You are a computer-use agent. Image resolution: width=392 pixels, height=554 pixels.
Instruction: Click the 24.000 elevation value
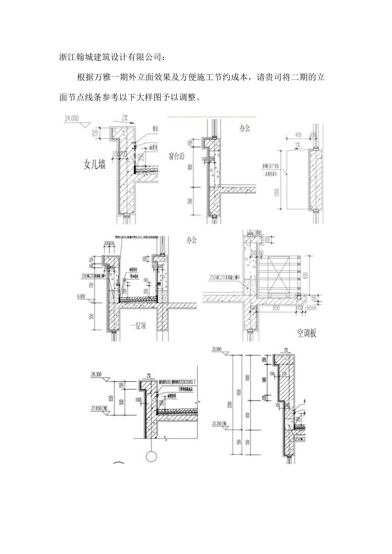coord(72,119)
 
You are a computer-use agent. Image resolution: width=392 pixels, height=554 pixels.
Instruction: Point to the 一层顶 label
coord(138,327)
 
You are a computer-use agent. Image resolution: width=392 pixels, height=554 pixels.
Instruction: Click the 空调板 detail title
coord(306,333)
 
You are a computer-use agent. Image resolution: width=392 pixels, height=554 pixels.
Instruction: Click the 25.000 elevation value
coord(216,349)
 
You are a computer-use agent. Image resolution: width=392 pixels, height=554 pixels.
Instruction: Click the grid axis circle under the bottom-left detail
coord(151,456)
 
